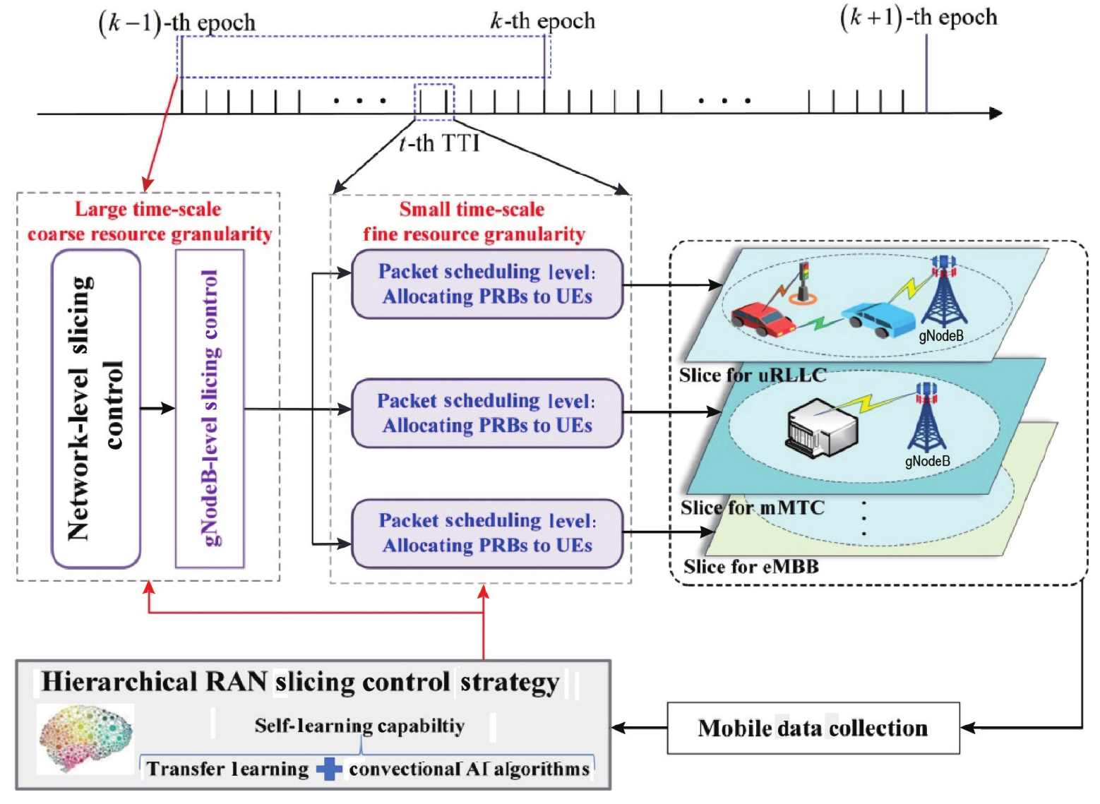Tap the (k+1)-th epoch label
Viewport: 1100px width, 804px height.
919,18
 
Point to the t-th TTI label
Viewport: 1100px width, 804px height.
438,143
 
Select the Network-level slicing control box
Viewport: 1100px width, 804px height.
96,409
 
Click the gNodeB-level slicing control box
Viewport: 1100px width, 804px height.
210,409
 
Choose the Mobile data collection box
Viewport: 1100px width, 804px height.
813,728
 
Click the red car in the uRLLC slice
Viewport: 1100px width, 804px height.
763,319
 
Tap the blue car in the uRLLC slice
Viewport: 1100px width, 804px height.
879,319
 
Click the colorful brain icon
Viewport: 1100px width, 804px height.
85,739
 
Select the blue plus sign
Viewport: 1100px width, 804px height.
329,769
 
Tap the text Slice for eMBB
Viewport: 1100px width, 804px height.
751,567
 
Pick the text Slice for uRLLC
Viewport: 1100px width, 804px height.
753,376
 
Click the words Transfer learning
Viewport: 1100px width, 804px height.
228,769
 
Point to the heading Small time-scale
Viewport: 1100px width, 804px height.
472,210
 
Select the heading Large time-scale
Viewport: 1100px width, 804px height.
148,210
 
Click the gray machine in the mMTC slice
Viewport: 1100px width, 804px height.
821,428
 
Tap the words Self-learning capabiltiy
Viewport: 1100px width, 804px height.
359,726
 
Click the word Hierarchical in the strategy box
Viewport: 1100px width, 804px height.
119,682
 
